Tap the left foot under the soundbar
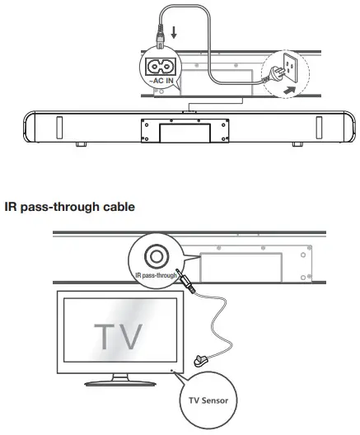click(x=80, y=143)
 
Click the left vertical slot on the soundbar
click(x=60, y=129)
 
